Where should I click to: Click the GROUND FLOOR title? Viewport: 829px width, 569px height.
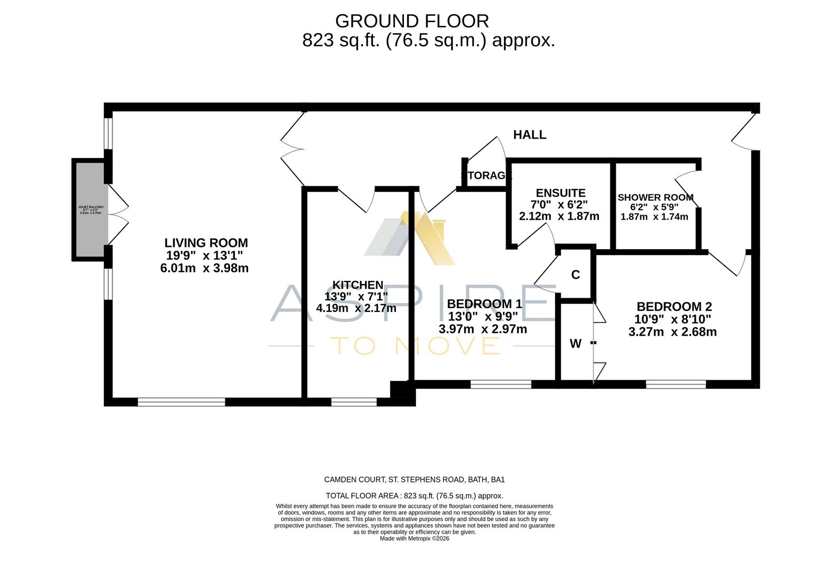tap(412, 21)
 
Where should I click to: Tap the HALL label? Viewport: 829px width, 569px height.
tap(529, 135)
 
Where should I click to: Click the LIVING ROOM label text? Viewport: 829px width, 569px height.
tap(206, 243)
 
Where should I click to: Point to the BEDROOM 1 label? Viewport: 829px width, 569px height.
tap(484, 304)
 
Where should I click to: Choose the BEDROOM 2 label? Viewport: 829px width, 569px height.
tap(674, 307)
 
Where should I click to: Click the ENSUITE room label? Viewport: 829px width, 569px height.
tap(560, 193)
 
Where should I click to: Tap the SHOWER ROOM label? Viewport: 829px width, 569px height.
tap(655, 198)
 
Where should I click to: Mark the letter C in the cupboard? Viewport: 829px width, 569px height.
tap(576, 274)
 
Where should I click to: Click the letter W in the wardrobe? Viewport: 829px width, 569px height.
tap(575, 344)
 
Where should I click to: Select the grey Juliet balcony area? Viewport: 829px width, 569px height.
tap(91, 209)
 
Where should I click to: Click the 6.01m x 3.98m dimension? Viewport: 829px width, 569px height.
tap(204, 268)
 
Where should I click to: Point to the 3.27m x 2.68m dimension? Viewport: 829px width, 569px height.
tap(672, 332)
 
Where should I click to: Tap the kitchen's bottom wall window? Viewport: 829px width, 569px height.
tap(354, 402)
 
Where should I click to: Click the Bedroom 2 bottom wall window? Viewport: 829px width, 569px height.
tap(675, 385)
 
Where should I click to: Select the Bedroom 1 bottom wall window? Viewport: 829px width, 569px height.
tap(500, 385)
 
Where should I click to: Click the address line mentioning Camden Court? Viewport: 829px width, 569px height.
tap(414, 479)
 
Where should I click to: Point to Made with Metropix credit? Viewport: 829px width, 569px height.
tap(414, 538)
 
